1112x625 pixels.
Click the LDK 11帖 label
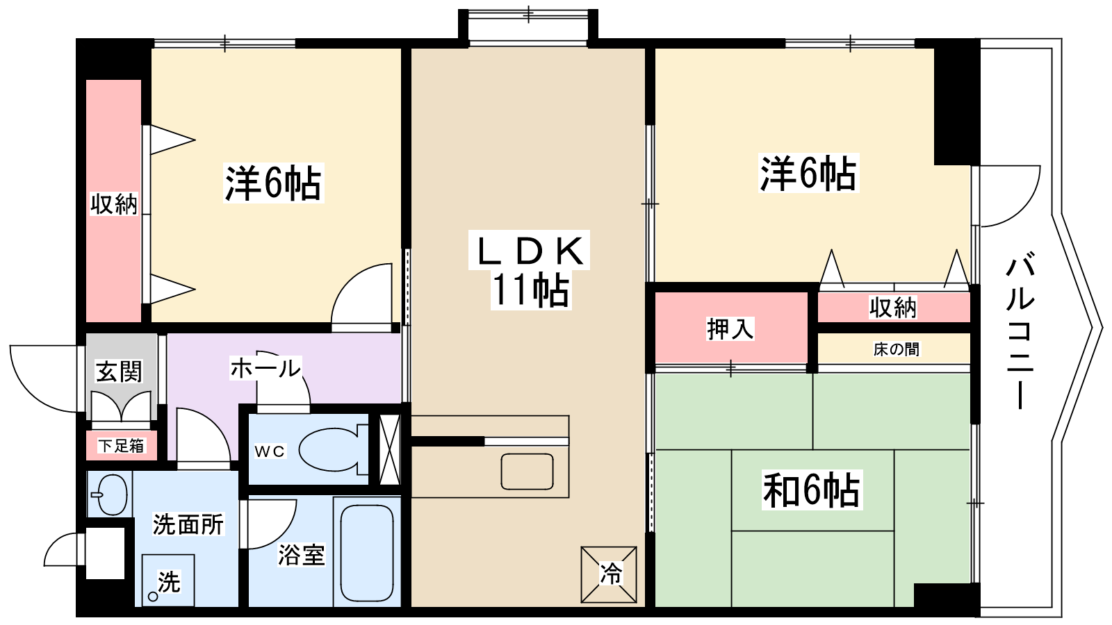pos(530,270)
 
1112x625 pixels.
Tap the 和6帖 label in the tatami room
pos(812,490)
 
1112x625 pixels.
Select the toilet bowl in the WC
pos(334,449)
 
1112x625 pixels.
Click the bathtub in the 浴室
pos(367,552)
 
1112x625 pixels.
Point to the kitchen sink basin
pos(528,472)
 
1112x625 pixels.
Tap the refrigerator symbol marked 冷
pos(609,574)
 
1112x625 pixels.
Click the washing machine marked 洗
pos(167,581)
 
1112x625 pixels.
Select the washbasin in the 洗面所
pos(111,494)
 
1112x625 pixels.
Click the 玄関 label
pos(119,371)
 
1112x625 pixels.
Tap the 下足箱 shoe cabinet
pos(122,445)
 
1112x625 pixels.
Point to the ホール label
pos(265,369)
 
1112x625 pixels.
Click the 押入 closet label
pos(730,329)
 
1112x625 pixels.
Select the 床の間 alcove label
pos(896,349)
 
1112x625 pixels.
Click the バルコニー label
pos(1020,332)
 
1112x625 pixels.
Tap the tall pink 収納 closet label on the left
pos(114,203)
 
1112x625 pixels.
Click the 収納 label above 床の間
pos(892,308)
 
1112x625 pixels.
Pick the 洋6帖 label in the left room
pos(273,183)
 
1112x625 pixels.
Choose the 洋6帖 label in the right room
pos(809,173)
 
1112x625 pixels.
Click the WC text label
pos(270,451)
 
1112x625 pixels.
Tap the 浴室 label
pos(302,555)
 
